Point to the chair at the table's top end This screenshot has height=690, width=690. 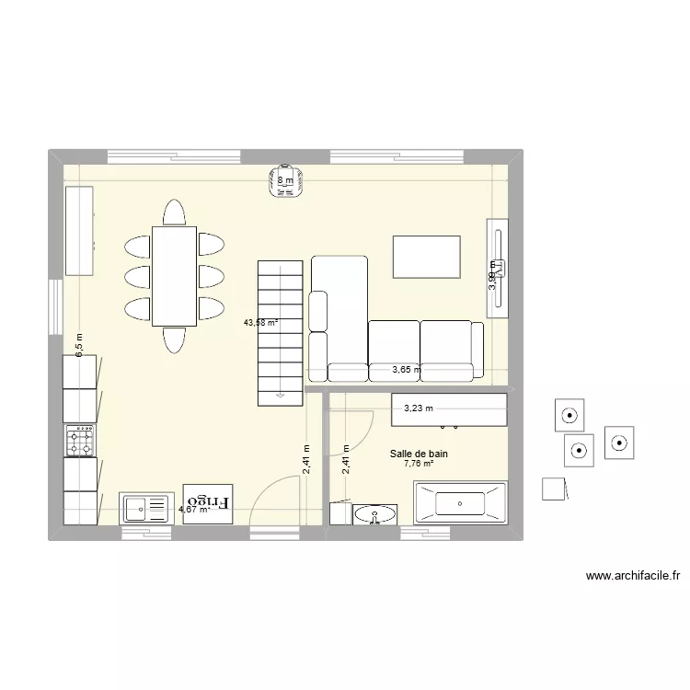(174, 213)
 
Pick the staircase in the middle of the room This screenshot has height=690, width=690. (281, 332)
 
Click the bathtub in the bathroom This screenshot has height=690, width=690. (460, 503)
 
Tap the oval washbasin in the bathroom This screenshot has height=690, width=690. (374, 514)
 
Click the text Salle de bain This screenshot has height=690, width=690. (419, 454)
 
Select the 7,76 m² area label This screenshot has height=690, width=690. (419, 465)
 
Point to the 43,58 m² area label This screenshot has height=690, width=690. (260, 323)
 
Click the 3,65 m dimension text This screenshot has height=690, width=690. (406, 371)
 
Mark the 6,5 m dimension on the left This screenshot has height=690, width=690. (79, 345)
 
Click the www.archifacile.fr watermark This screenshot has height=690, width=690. (633, 577)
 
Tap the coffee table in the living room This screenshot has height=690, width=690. (427, 257)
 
